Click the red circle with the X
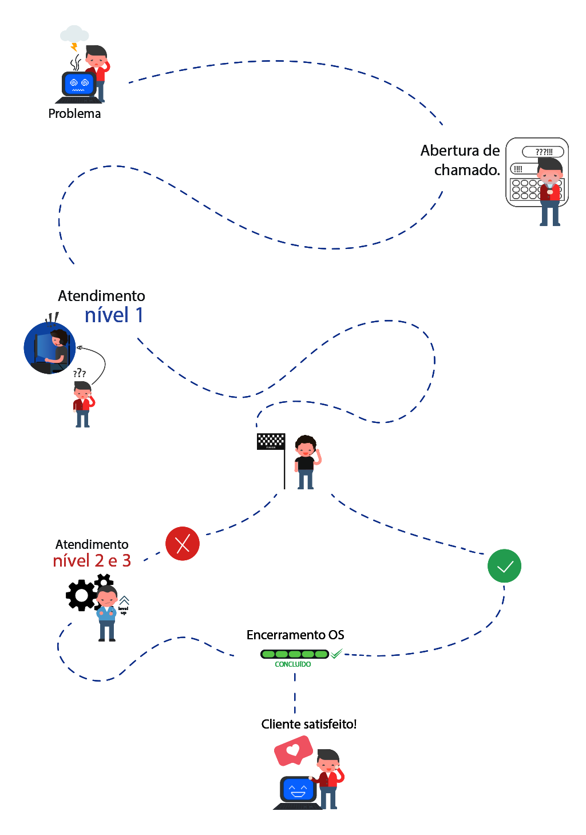point(183,544)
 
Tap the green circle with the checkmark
point(504,566)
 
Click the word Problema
point(74,114)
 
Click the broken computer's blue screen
point(79,84)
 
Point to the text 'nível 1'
point(114,315)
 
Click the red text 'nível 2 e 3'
point(92,561)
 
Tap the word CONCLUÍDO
point(293,664)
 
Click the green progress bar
point(295,654)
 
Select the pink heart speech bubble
point(293,750)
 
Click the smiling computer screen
point(298,790)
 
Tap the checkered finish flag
point(271,441)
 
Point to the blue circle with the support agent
point(50,348)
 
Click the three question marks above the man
point(80,373)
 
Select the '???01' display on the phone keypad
point(543,152)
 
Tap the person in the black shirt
point(306,462)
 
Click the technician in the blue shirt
point(107,613)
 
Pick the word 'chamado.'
point(467,170)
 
